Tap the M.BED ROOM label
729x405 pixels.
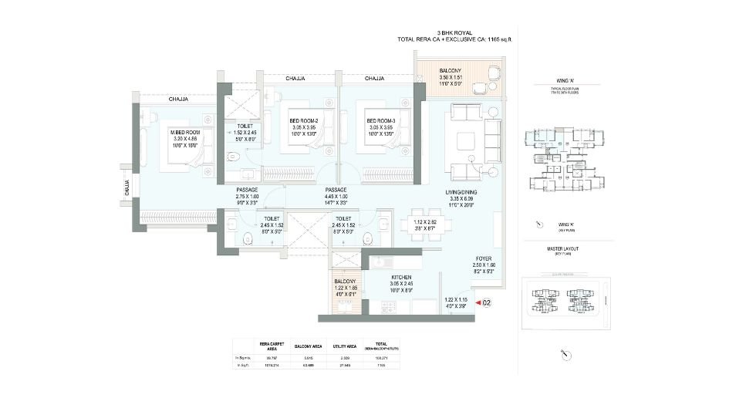click(x=185, y=132)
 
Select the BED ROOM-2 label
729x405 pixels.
click(x=305, y=120)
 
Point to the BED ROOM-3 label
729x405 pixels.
click(x=381, y=120)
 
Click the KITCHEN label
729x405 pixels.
click(x=400, y=277)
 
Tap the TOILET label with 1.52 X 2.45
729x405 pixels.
click(x=245, y=125)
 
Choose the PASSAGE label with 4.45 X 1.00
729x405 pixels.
click(x=335, y=190)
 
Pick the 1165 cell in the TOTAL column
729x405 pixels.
click(x=380, y=366)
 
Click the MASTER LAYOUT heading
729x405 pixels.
click(x=567, y=248)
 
